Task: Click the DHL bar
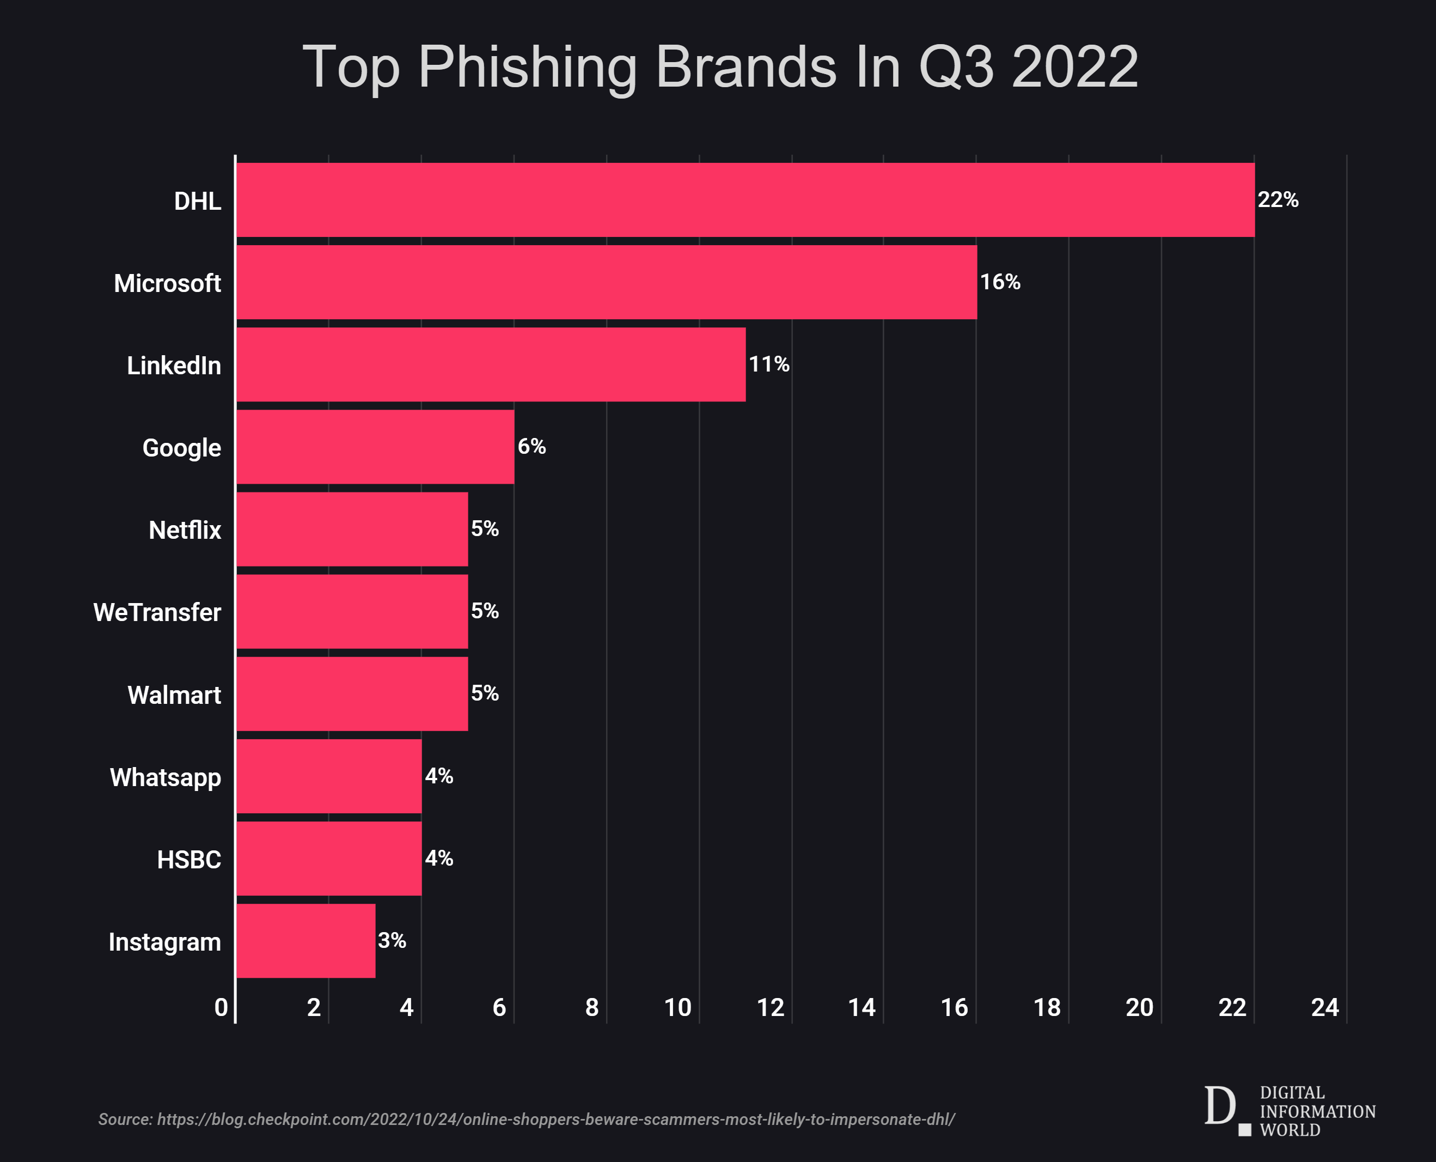pyautogui.click(x=745, y=199)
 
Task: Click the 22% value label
pyautogui.click(x=1278, y=199)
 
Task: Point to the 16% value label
pyautogui.click(x=1000, y=282)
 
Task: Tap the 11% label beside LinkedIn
pyautogui.click(x=768, y=364)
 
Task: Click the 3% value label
pyautogui.click(x=392, y=940)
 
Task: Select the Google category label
pyautogui.click(x=181, y=448)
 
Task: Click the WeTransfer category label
pyautogui.click(x=157, y=612)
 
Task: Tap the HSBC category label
pyautogui.click(x=189, y=860)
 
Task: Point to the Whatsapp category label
pyautogui.click(x=166, y=777)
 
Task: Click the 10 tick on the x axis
pyautogui.click(x=677, y=1007)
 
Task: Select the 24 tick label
pyautogui.click(x=1324, y=1007)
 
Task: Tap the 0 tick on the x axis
pyautogui.click(x=221, y=1007)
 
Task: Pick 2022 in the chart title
pyautogui.click(x=1074, y=67)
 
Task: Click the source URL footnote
pyautogui.click(x=526, y=1119)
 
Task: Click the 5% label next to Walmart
pyautogui.click(x=485, y=693)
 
